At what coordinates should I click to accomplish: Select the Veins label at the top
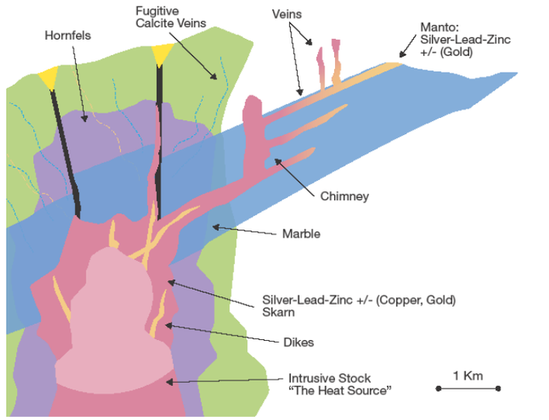tap(288, 15)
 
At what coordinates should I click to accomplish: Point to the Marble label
tap(301, 234)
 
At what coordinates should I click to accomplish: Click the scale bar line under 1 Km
tap(468, 388)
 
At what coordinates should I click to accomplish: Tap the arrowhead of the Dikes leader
tap(166, 325)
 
